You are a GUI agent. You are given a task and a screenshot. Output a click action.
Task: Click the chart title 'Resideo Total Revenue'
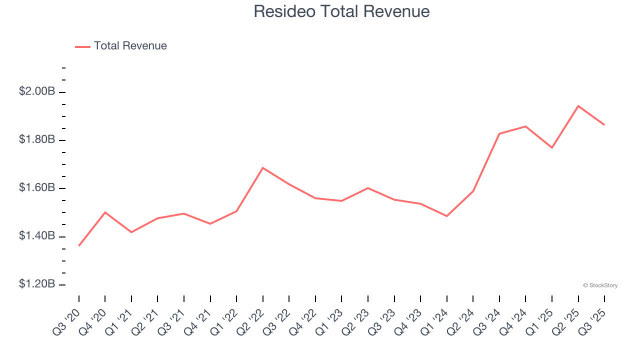(341, 11)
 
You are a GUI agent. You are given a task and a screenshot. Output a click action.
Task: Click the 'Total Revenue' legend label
(130, 46)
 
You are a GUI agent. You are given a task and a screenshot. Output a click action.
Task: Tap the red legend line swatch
(82, 46)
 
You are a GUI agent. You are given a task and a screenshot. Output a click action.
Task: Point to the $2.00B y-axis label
(37, 91)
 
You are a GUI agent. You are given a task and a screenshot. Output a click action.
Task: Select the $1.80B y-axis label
(37, 139)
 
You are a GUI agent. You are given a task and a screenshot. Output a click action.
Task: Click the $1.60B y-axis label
(37, 188)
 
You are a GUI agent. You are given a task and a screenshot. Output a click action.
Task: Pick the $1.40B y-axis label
(37, 236)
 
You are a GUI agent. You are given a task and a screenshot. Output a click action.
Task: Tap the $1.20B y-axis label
(37, 284)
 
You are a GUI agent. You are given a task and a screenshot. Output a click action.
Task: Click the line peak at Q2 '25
(578, 106)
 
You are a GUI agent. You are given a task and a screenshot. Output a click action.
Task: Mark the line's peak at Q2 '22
(263, 167)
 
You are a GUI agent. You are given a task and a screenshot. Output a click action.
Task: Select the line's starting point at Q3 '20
(79, 245)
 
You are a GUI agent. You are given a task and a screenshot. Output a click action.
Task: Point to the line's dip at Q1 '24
(446, 216)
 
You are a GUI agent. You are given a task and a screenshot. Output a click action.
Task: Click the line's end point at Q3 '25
(604, 124)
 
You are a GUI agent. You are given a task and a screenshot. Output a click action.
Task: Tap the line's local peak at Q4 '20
(105, 212)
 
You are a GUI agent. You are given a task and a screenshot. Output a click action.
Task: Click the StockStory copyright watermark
(600, 285)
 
